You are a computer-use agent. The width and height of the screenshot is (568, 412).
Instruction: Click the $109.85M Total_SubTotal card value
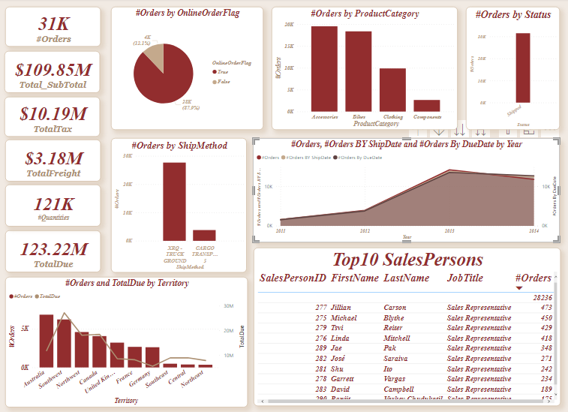point(53,70)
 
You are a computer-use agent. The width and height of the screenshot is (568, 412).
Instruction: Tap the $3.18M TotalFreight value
point(53,158)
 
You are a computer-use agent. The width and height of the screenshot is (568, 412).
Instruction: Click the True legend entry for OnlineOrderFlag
point(223,70)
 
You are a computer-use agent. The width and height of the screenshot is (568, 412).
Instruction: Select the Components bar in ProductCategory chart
point(427,105)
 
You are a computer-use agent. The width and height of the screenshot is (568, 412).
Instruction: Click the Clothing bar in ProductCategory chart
point(392,89)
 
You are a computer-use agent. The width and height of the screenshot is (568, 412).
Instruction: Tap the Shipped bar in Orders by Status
point(523,68)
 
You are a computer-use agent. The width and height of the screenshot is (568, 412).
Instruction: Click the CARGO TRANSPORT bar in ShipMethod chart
point(204,235)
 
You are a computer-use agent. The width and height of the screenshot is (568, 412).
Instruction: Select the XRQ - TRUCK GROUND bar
point(174,201)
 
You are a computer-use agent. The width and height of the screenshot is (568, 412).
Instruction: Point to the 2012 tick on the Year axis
point(365,232)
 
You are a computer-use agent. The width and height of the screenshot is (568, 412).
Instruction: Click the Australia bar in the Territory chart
point(47,341)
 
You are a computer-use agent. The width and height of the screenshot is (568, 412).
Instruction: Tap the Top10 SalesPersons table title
point(407,260)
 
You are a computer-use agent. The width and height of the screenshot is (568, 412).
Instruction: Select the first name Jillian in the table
point(341,308)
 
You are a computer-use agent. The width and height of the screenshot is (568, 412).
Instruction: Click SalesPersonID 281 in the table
point(321,369)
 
